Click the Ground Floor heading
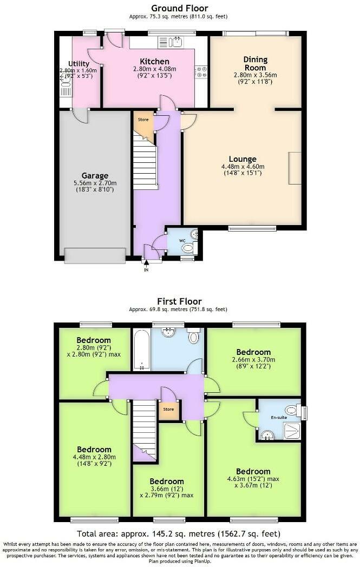179,8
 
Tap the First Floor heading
179,301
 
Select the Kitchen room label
154,62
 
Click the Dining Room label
255,63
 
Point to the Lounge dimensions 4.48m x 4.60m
246,167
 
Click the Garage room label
95,176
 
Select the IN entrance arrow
146,263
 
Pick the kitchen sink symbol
175,42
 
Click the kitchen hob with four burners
201,71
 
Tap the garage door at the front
95,255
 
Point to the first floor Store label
169,409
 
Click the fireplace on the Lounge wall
295,168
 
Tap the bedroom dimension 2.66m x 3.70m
253,359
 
